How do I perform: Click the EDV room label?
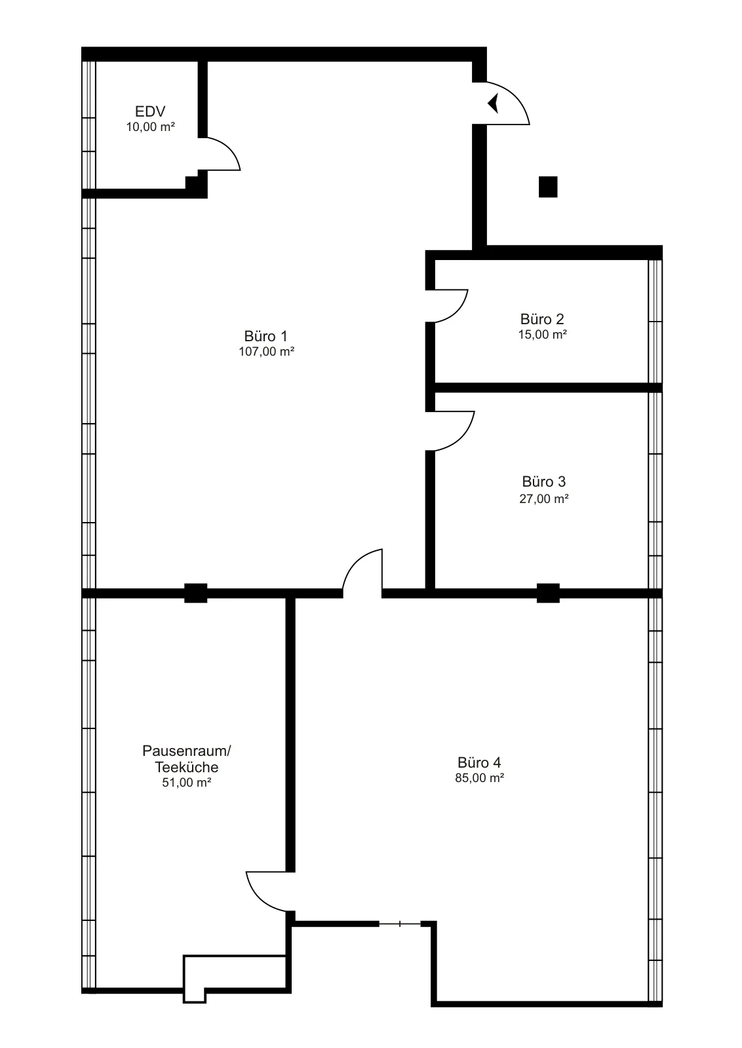point(150,111)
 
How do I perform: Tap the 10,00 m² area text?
point(150,127)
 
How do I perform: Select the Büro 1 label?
point(266,336)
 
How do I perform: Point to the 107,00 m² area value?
point(266,351)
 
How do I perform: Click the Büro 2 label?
point(542,319)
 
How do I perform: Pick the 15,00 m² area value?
point(543,335)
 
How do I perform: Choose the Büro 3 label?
point(544,481)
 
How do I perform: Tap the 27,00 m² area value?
point(544,498)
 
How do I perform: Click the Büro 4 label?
point(479,762)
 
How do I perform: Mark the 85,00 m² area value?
point(479,778)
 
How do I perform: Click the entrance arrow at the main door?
point(493,103)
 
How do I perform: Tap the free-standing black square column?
point(548,187)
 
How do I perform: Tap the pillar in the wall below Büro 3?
point(548,593)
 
